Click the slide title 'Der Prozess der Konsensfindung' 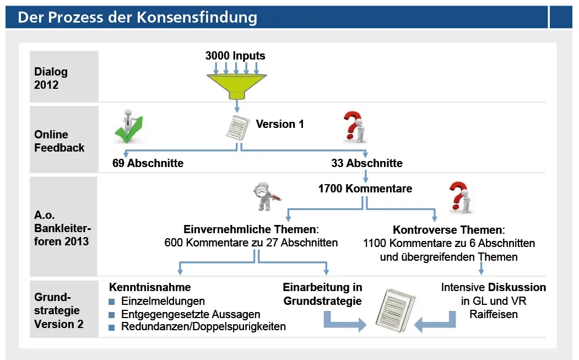(x=137, y=17)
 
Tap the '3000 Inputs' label (x=235, y=56)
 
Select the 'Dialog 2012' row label (x=51, y=78)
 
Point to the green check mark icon (x=128, y=128)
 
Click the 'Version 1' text (x=280, y=124)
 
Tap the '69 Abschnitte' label (x=148, y=163)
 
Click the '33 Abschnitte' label (x=367, y=163)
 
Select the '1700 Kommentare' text (x=365, y=189)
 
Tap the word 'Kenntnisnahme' (x=150, y=287)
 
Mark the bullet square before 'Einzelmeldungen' (x=112, y=302)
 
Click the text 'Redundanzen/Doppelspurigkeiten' (x=203, y=326)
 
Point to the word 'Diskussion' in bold (x=517, y=287)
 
